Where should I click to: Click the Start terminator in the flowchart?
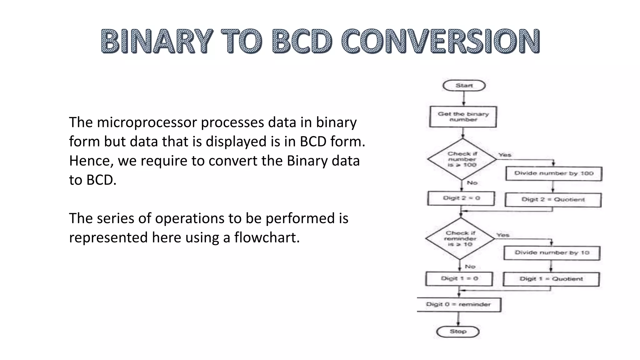click(x=464, y=86)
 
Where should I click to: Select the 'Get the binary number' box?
click(x=463, y=117)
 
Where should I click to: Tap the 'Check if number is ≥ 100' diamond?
click(x=462, y=159)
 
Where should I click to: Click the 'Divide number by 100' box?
click(x=554, y=173)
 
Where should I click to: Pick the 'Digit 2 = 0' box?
click(x=461, y=198)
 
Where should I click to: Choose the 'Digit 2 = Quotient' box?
click(x=553, y=200)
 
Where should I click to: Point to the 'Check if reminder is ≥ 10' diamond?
click(x=460, y=239)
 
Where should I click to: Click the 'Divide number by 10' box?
click(x=552, y=253)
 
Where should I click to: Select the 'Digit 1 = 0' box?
click(x=459, y=278)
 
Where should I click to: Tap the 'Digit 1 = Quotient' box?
click(x=551, y=279)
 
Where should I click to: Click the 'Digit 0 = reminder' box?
click(x=459, y=304)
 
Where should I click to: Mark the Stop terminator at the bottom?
click(x=458, y=332)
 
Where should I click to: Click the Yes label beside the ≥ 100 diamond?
click(x=505, y=155)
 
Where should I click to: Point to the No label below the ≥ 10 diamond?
click(x=470, y=267)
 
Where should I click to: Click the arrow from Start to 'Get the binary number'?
click(x=464, y=99)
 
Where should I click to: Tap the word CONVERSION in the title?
click(x=440, y=41)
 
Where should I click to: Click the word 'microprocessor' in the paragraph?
click(x=147, y=122)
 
